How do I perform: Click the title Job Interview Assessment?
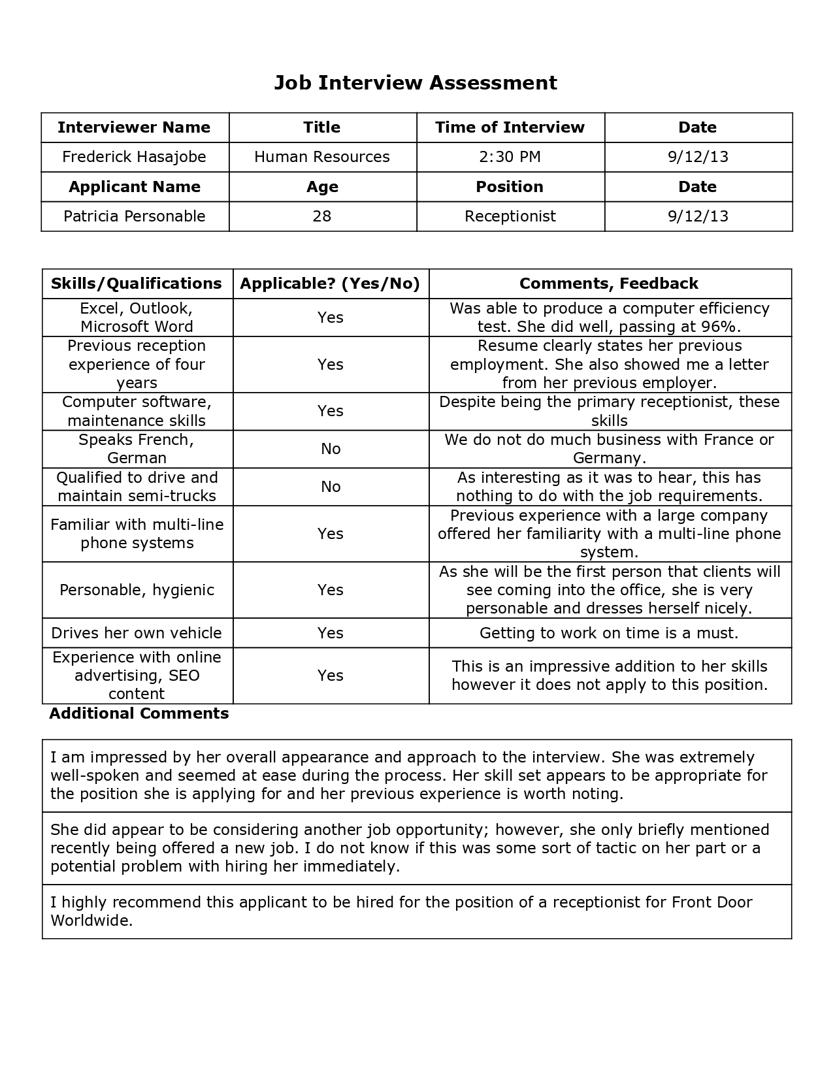pyautogui.click(x=416, y=83)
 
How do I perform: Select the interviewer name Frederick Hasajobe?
pyautogui.click(x=134, y=157)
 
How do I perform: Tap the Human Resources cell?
pyautogui.click(x=322, y=157)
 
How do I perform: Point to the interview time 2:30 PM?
pyautogui.click(x=510, y=157)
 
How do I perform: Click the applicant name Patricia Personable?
pyautogui.click(x=135, y=216)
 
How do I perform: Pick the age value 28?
pyautogui.click(x=322, y=216)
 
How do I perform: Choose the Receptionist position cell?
pyautogui.click(x=510, y=216)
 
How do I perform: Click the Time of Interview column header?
pyautogui.click(x=510, y=127)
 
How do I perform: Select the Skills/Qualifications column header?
pyautogui.click(x=137, y=284)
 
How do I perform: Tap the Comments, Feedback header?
pyautogui.click(x=609, y=284)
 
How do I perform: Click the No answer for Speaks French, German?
pyautogui.click(x=331, y=449)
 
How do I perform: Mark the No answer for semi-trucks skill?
pyautogui.click(x=331, y=487)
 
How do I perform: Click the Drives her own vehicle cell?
pyautogui.click(x=137, y=633)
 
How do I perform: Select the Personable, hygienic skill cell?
pyautogui.click(x=137, y=590)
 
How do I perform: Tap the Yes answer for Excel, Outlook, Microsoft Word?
pyautogui.click(x=331, y=318)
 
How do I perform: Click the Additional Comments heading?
pyautogui.click(x=139, y=713)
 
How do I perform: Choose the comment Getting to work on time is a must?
pyautogui.click(x=609, y=633)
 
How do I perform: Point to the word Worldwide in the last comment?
pyautogui.click(x=91, y=921)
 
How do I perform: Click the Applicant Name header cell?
pyautogui.click(x=135, y=187)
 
